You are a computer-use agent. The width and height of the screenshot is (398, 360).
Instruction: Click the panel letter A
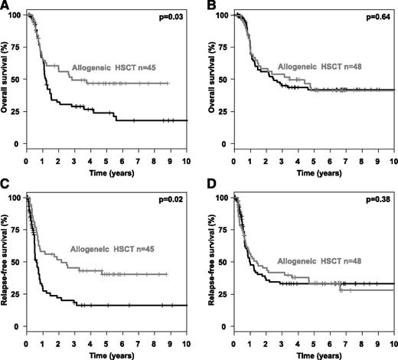5,5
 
